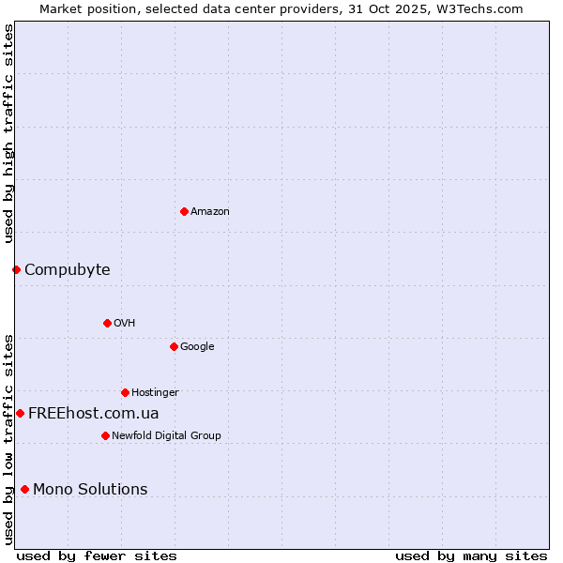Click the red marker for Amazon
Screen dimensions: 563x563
(184, 211)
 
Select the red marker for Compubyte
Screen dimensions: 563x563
(16, 270)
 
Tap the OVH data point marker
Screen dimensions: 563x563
(107, 323)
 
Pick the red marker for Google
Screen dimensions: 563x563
(174, 346)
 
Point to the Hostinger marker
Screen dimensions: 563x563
(125, 392)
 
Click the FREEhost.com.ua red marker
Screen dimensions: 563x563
(20, 413)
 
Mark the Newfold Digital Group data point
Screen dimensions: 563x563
(105, 435)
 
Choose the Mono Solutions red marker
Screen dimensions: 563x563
(24, 489)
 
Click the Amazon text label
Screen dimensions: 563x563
(210, 212)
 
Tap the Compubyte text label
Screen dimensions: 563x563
(68, 270)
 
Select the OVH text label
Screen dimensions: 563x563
(125, 324)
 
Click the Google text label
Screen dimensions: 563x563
(197, 347)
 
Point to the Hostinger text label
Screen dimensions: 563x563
(155, 393)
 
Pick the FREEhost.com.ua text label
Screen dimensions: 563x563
(94, 414)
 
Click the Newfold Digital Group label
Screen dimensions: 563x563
(166, 436)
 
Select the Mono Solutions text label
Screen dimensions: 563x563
(90, 490)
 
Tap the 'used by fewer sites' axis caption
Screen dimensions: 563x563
(97, 555)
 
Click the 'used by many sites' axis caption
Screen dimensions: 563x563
(471, 555)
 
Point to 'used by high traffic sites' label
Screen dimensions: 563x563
(8, 134)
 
